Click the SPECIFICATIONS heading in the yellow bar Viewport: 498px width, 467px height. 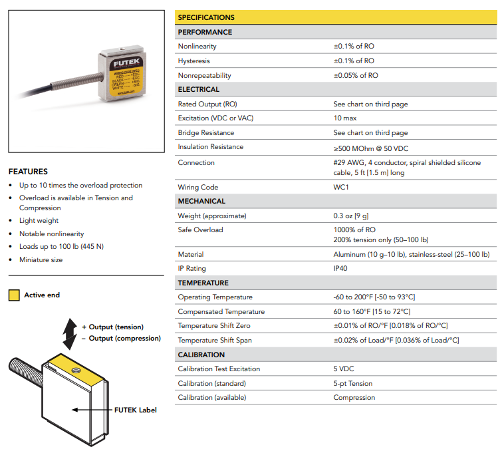pos(206,17)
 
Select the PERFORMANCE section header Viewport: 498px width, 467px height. pos(205,32)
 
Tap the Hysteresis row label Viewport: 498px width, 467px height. pos(194,61)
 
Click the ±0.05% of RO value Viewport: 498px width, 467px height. pos(356,76)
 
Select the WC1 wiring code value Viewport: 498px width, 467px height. pos(341,188)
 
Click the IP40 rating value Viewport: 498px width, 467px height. pos(340,269)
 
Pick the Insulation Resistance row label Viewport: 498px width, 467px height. pos(210,147)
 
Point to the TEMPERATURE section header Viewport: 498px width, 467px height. pos(203,283)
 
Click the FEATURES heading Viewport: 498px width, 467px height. pos(28,172)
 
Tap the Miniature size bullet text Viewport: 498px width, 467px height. pos(41,260)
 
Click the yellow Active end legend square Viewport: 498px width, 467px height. pos(14,295)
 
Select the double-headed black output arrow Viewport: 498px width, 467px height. pos(68,333)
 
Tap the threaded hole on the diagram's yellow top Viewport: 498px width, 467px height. pos(75,367)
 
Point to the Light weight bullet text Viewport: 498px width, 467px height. pos(39,221)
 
